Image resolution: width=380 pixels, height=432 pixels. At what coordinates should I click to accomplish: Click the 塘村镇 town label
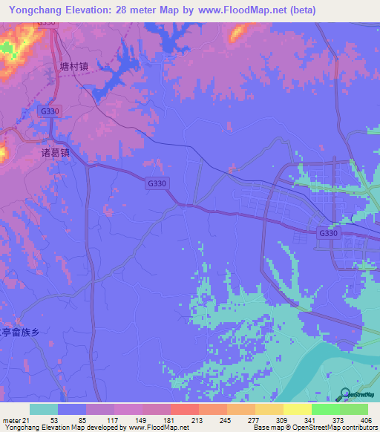74,65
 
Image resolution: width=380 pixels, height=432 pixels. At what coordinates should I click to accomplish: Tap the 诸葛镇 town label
55,153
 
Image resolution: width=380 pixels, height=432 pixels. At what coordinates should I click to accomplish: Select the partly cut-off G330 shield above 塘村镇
46,23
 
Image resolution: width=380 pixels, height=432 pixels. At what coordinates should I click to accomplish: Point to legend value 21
27,421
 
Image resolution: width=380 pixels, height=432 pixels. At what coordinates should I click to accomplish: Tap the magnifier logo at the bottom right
347,394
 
